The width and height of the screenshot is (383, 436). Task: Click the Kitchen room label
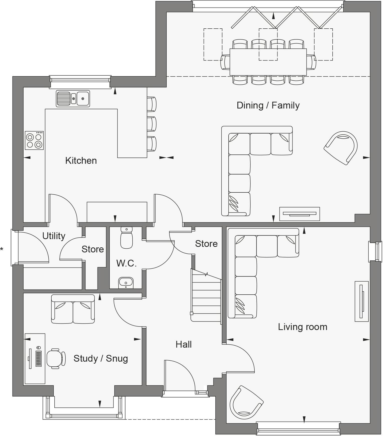click(81, 160)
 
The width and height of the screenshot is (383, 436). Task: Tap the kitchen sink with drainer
click(73, 98)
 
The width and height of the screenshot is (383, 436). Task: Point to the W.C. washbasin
click(126, 283)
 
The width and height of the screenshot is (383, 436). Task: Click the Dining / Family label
click(268, 105)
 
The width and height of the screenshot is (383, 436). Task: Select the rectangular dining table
click(268, 62)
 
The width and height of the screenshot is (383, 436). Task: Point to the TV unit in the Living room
click(361, 301)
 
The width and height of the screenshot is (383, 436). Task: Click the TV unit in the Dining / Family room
click(299, 214)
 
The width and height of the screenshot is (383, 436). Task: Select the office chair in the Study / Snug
click(56, 358)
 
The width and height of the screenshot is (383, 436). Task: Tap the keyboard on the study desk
click(39, 358)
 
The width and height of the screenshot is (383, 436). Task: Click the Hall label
click(183, 344)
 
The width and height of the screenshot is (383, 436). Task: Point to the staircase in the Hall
click(206, 296)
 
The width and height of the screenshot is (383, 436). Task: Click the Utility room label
click(54, 236)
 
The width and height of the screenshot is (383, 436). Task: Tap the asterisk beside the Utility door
click(2, 249)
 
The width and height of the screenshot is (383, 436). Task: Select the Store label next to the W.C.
click(92, 249)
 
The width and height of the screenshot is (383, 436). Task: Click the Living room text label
click(303, 327)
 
